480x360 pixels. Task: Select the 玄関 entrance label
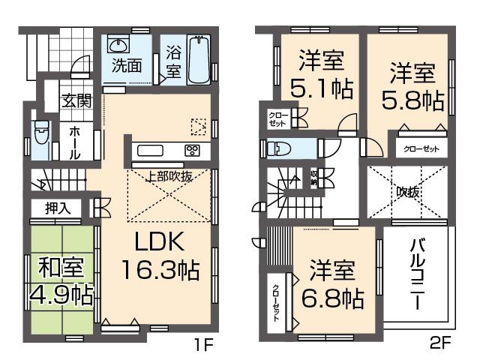tap(76, 100)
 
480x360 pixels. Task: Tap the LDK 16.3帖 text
tap(158, 257)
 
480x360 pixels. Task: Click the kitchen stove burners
tap(193, 150)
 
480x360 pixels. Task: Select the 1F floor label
tap(205, 346)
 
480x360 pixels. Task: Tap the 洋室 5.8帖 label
tap(411, 86)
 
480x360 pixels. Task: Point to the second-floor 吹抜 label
tap(407, 192)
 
